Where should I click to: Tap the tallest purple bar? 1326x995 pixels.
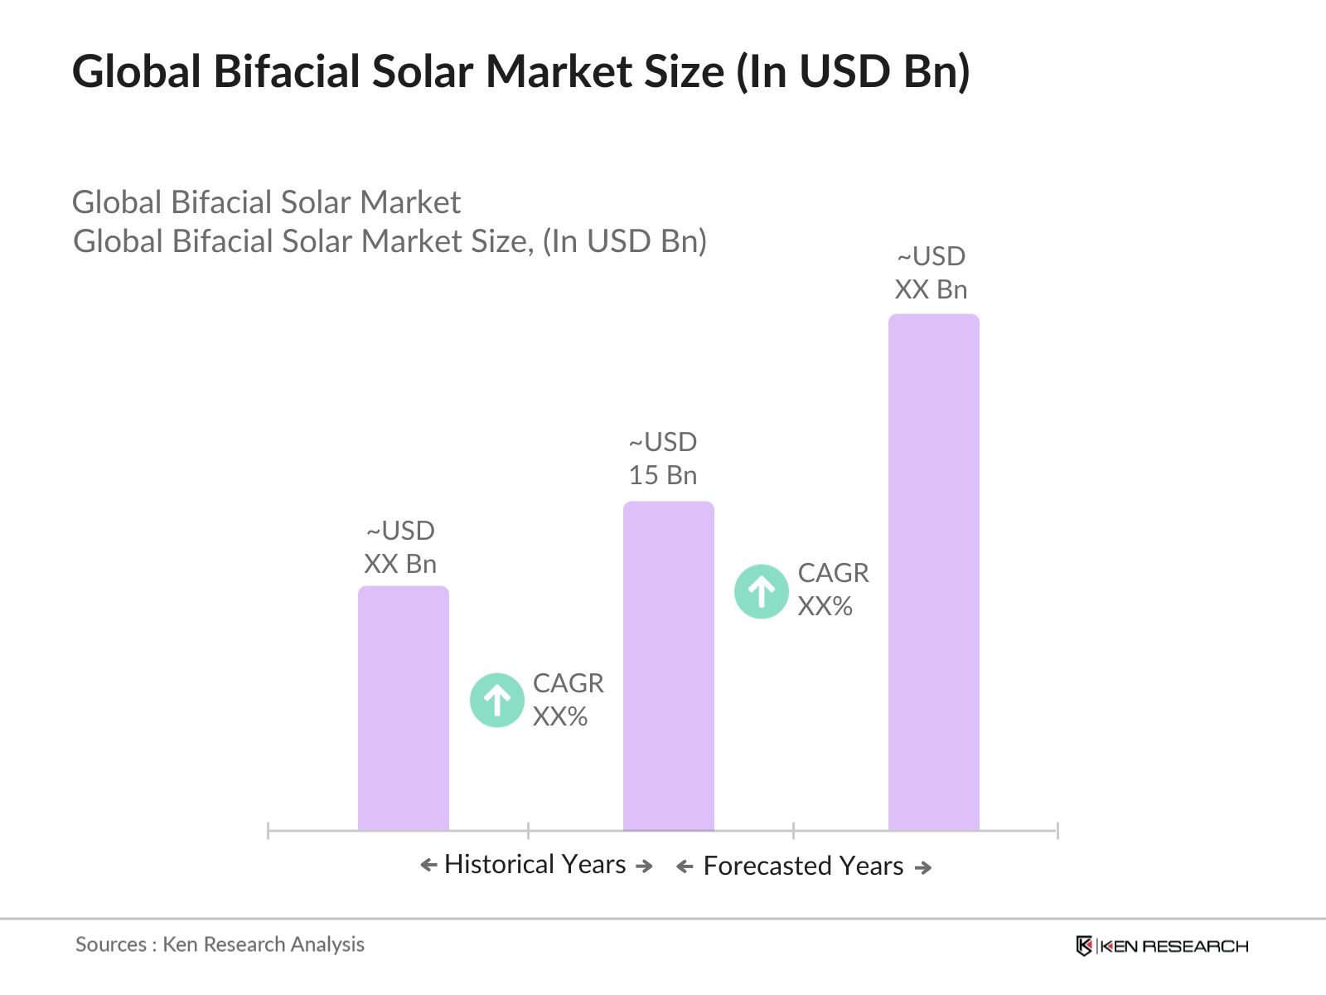tap(933, 572)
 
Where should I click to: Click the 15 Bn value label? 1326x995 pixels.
tap(662, 475)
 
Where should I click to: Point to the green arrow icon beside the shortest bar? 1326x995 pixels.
tap(496, 700)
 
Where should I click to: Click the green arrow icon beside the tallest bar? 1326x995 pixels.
tap(761, 591)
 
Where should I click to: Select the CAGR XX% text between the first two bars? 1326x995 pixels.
tap(568, 699)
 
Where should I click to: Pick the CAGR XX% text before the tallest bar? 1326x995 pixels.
tap(832, 590)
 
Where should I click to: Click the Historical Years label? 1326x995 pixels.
tap(535, 864)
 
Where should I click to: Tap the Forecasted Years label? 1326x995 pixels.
tap(802, 866)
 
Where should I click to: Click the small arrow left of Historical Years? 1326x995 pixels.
tap(428, 865)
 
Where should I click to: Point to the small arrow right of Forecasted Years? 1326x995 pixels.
tap(922, 867)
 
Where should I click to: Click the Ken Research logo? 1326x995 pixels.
tap(1161, 945)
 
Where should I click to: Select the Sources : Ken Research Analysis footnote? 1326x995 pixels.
tap(220, 944)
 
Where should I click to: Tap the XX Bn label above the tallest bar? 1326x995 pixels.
tap(931, 289)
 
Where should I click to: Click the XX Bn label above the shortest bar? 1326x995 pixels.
tap(399, 564)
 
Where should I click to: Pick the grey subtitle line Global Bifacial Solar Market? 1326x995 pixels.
tap(266, 202)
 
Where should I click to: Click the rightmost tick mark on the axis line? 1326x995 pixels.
tap(1057, 830)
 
